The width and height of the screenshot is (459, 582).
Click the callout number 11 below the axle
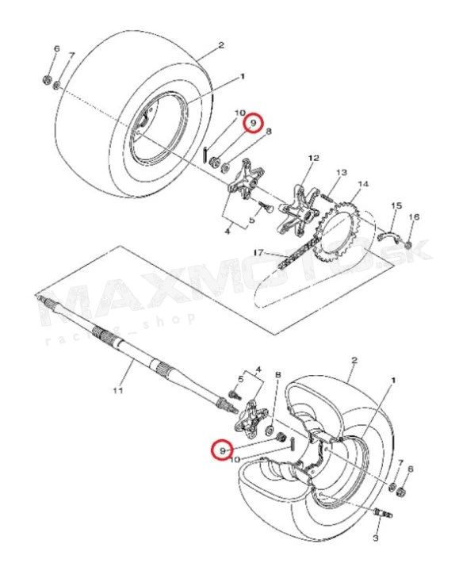click(117, 390)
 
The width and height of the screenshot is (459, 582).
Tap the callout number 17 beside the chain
click(258, 252)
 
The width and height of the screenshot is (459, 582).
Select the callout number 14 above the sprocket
click(363, 184)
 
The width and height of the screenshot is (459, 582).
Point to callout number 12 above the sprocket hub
click(313, 158)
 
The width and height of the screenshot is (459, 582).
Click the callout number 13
click(342, 172)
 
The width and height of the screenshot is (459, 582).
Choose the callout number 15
click(396, 205)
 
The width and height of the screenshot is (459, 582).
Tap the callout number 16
click(414, 216)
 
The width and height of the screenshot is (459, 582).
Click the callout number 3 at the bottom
click(375, 538)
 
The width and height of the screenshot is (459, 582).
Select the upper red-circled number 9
click(253, 122)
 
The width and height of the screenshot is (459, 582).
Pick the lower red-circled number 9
click(222, 450)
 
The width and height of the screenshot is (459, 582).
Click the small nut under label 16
click(407, 244)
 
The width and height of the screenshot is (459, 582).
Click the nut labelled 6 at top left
click(47, 80)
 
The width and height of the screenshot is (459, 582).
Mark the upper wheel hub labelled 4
click(246, 179)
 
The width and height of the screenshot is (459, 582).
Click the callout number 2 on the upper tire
click(221, 45)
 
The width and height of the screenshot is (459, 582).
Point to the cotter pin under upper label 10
click(205, 154)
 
